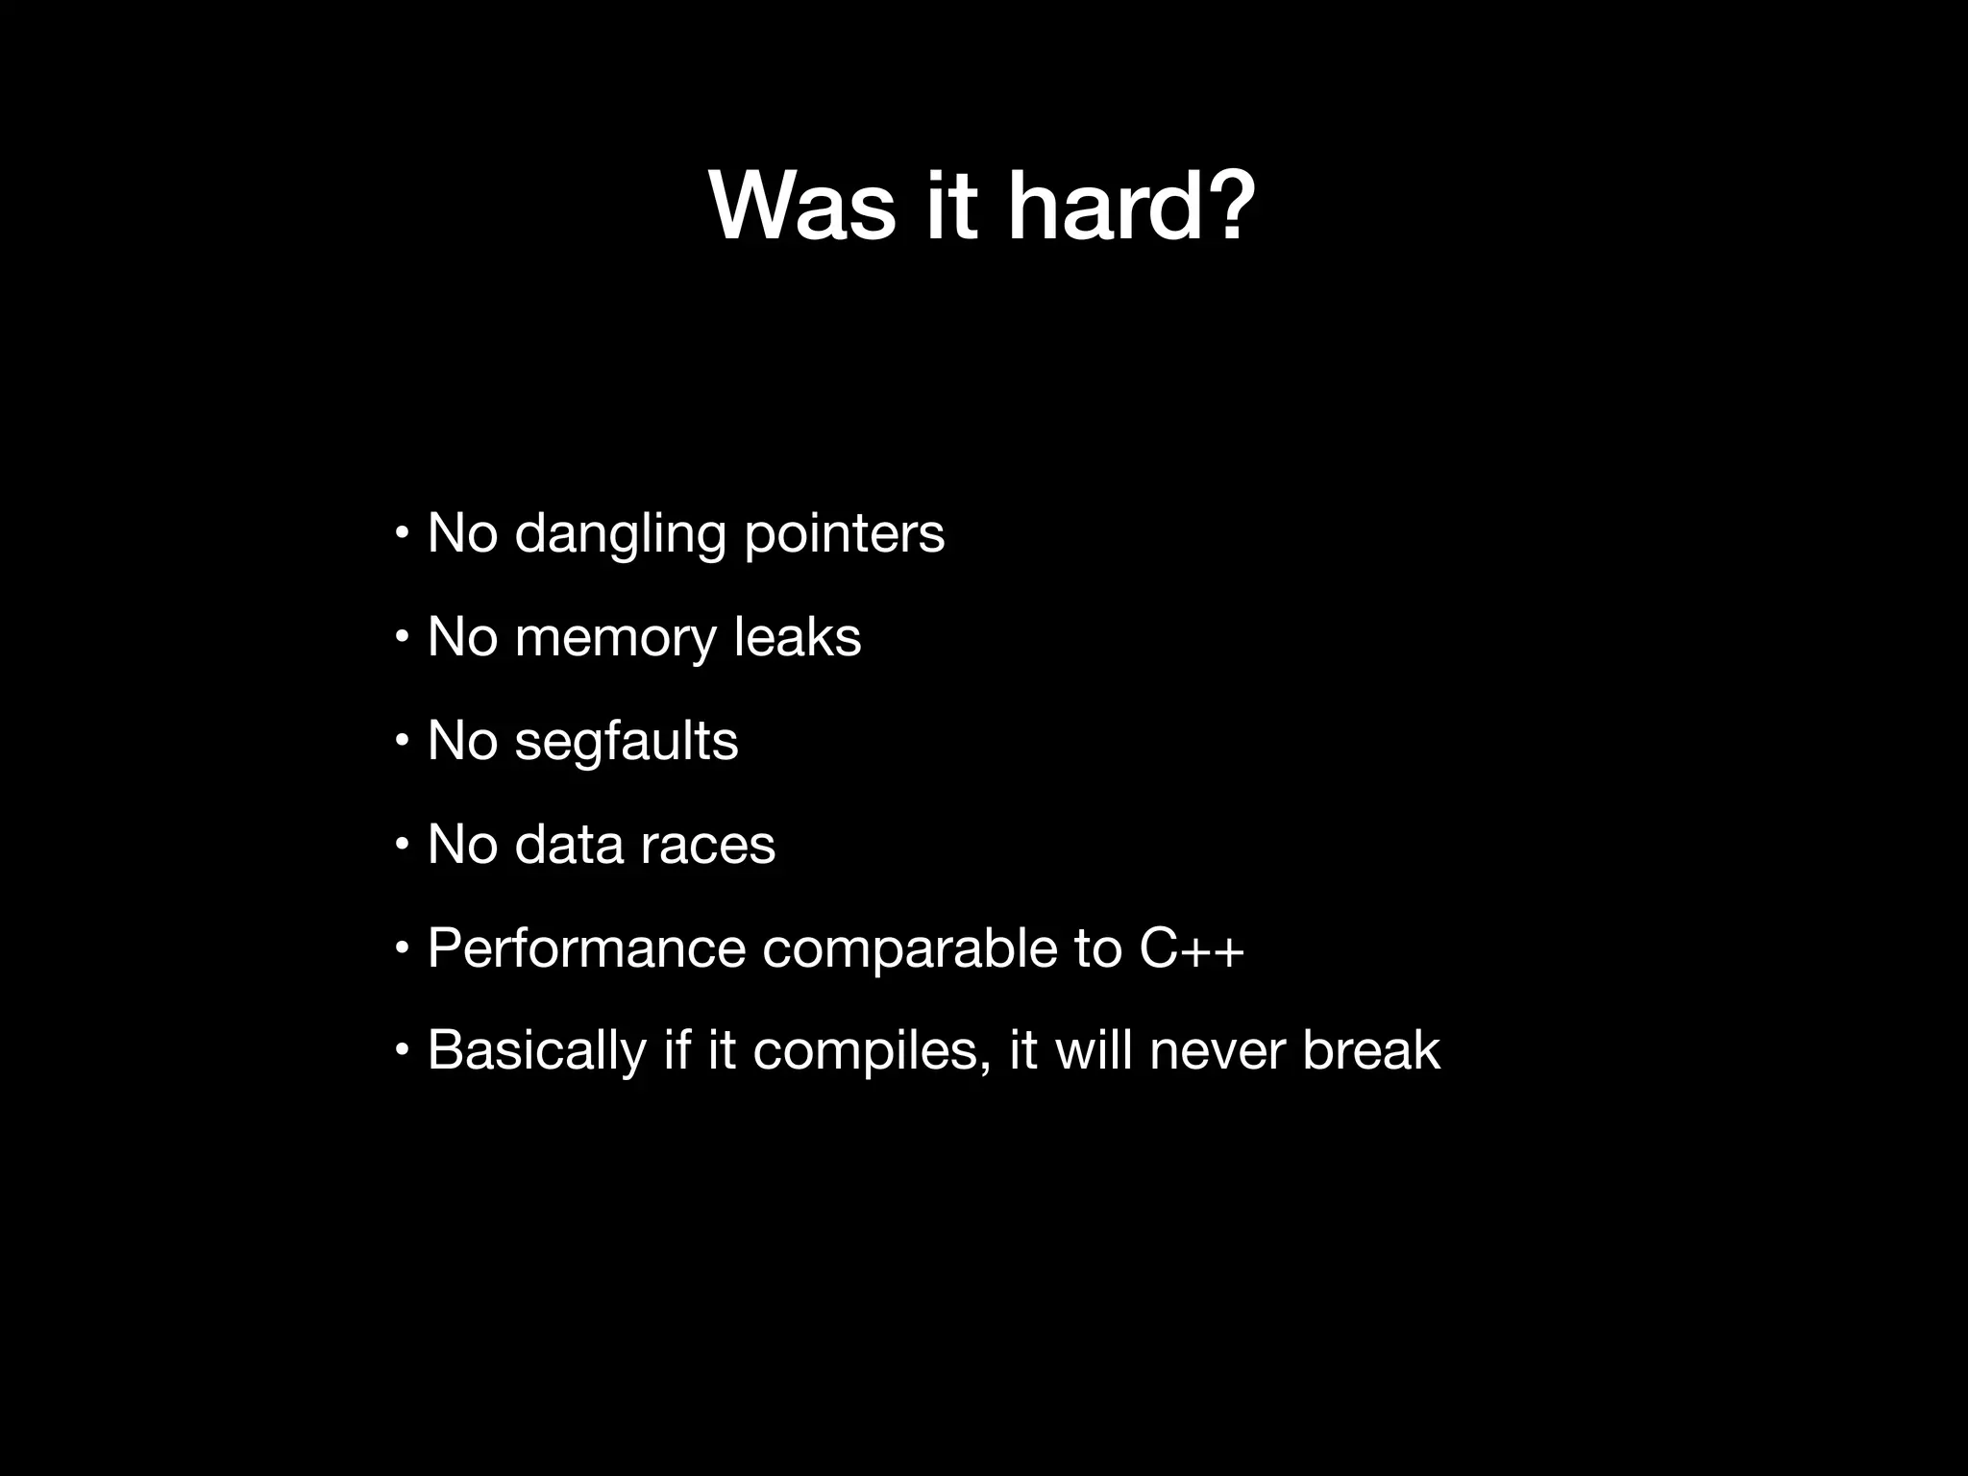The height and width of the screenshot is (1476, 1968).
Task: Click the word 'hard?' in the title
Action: click(x=1131, y=207)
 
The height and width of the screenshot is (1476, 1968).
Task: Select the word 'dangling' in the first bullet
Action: click(x=620, y=534)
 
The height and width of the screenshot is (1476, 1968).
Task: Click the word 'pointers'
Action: click(x=845, y=534)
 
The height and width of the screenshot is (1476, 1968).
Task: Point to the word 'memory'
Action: click(x=616, y=637)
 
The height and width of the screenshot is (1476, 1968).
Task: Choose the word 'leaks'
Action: click(x=798, y=637)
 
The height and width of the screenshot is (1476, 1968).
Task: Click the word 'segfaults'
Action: click(x=627, y=742)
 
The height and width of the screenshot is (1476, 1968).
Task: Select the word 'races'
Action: click(x=707, y=845)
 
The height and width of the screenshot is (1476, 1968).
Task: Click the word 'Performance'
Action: click(x=586, y=948)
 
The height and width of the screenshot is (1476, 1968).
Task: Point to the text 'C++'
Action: click(x=1192, y=948)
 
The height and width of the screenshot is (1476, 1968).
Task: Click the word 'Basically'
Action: click(x=536, y=1050)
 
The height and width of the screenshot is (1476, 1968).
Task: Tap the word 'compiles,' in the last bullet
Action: click(x=872, y=1050)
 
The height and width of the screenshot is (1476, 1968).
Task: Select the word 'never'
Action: click(x=1217, y=1050)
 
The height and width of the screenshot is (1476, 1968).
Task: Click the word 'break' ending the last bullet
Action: click(x=1371, y=1050)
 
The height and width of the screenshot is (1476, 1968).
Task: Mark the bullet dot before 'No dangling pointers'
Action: click(x=403, y=532)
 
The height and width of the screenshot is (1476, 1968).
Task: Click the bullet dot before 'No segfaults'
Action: click(x=403, y=740)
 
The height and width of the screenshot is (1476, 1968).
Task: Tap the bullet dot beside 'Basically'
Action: click(x=403, y=1048)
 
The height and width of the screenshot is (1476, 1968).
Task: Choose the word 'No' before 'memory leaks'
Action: click(x=461, y=637)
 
